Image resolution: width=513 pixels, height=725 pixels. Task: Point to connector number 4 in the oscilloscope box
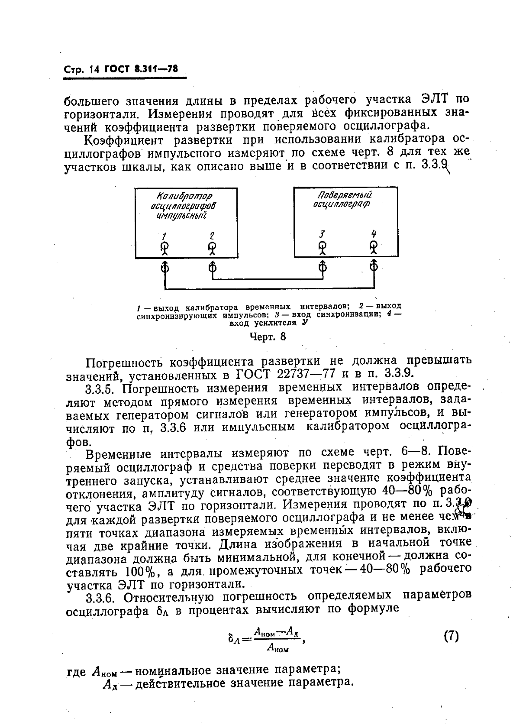click(x=374, y=246)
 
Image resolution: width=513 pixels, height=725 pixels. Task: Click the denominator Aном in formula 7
click(x=277, y=647)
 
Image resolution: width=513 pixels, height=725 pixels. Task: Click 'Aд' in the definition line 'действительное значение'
click(x=110, y=683)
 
